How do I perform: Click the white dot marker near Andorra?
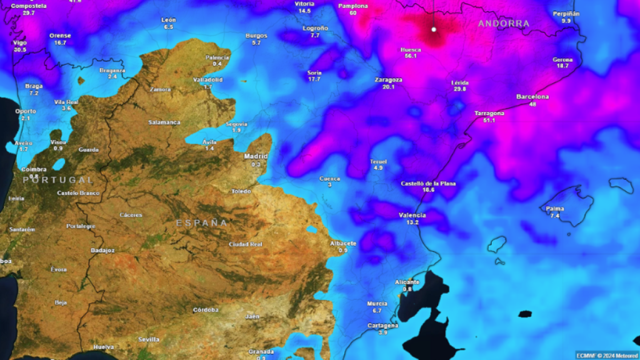(434, 29)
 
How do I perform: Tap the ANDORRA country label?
(504, 24)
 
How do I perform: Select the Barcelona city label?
(532, 97)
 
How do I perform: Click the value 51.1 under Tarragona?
(489, 120)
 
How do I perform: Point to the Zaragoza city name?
(388, 80)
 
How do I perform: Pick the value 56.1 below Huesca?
(410, 56)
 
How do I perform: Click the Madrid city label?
(256, 156)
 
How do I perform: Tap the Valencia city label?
(412, 215)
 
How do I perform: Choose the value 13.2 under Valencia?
(412, 222)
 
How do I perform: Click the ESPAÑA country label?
(202, 222)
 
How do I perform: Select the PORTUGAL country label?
(58, 179)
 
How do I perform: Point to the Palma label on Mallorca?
(554, 209)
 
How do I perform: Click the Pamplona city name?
(353, 6)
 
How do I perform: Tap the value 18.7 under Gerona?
(562, 66)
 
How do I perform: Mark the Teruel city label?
(378, 161)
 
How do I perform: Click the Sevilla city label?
(149, 339)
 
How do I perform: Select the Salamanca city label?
(164, 122)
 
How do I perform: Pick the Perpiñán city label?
(566, 14)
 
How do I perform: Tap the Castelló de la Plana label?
(428, 183)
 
